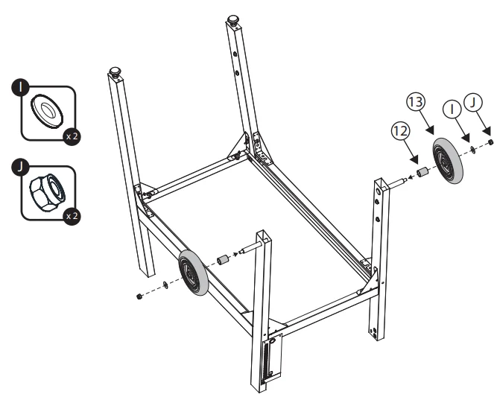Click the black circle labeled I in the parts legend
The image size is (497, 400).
[23, 87]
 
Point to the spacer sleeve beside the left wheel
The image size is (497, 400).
[221, 261]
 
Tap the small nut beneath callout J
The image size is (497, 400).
[491, 142]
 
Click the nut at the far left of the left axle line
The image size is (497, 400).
[140, 296]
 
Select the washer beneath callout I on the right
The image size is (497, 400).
[474, 150]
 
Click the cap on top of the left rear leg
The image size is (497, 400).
[115, 71]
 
